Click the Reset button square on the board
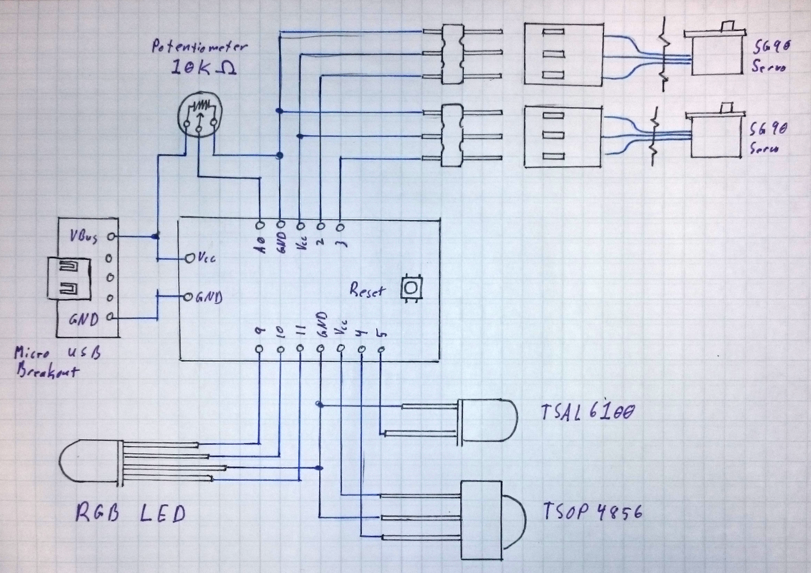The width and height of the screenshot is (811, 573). point(411,289)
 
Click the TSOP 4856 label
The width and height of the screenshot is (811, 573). point(592,512)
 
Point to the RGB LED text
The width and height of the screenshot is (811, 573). point(131,514)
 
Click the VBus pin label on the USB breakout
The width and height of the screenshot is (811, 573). point(84,236)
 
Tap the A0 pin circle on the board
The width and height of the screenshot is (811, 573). point(261,224)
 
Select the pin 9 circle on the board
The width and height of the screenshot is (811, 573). point(259,349)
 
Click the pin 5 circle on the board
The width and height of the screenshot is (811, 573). point(381,349)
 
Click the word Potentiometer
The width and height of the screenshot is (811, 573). point(199,47)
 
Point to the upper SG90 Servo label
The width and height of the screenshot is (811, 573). point(770,56)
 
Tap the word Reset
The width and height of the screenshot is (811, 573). point(367,291)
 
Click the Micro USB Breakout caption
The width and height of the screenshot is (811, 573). point(56,362)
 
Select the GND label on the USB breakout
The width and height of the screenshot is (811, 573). point(83,319)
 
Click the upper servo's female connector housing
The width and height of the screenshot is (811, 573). point(563,54)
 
